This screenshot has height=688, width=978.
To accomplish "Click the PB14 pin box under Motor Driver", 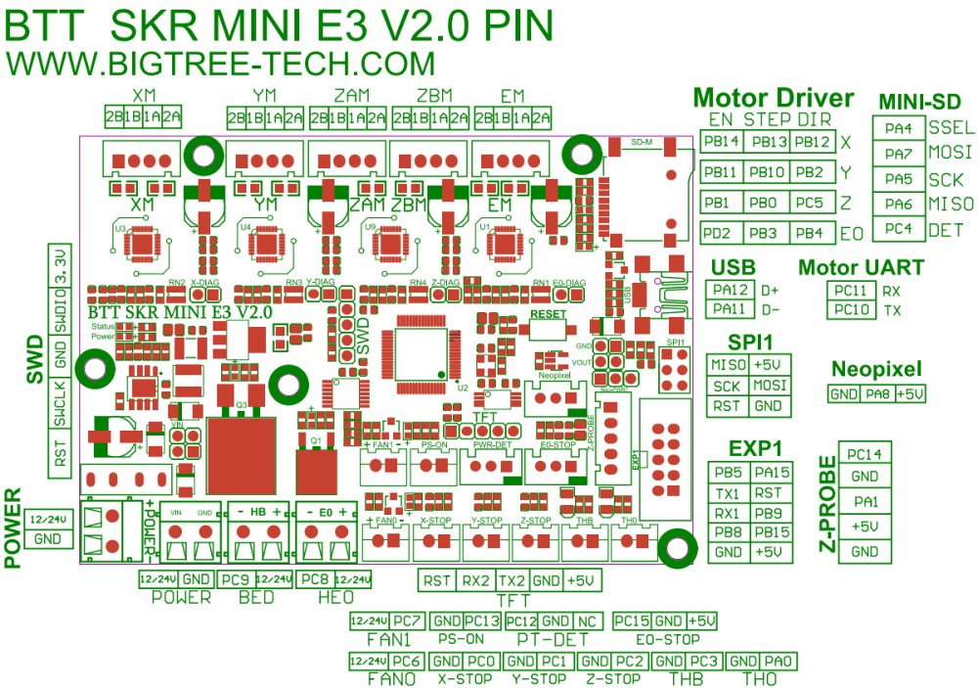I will [x=723, y=142].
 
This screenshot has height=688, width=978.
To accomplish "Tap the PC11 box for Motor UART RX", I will [x=850, y=291].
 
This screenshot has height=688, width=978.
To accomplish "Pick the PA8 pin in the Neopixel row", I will [x=877, y=393].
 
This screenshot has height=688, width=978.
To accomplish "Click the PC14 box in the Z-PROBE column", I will [x=865, y=454].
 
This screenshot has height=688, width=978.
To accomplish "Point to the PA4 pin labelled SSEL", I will [x=898, y=128].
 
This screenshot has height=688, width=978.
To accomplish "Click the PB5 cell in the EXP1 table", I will [x=728, y=473].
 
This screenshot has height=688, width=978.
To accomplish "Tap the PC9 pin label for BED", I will [x=235, y=579].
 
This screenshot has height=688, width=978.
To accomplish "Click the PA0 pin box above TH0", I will [x=778, y=661].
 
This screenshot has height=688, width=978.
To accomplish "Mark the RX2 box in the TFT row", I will [x=475, y=580].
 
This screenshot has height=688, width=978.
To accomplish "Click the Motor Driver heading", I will [x=773, y=98].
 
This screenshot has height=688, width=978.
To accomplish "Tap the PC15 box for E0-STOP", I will [x=632, y=621].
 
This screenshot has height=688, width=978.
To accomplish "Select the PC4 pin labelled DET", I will [x=898, y=229].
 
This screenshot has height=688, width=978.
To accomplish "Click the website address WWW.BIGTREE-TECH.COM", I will [x=220, y=64].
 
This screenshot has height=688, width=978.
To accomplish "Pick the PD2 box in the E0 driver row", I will [x=723, y=233].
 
